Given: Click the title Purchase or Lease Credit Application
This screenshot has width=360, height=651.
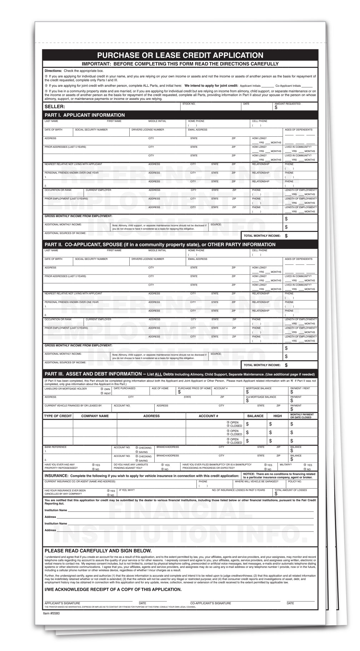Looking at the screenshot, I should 180,55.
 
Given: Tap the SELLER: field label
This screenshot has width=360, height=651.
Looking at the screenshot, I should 55,107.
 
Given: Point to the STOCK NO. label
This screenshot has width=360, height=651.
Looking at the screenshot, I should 189,104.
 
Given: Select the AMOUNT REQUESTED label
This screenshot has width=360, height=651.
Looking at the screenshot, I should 287,104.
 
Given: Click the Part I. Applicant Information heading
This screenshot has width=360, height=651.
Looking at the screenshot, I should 85,115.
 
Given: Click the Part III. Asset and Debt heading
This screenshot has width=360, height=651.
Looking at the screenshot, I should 93,374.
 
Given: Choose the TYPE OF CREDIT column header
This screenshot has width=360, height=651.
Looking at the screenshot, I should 58,416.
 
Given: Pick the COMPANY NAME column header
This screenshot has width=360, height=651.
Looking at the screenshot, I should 95,416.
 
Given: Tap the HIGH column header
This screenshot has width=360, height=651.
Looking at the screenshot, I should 277,416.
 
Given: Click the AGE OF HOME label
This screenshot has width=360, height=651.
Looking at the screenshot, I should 160,388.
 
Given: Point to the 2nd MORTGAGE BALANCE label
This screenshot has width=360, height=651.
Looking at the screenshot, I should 261,397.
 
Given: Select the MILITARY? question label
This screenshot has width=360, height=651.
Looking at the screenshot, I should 286,465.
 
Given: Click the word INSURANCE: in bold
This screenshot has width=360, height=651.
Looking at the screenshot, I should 56,476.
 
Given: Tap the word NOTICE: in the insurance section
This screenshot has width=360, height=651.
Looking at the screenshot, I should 249,474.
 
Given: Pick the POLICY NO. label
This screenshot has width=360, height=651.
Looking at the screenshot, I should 295,481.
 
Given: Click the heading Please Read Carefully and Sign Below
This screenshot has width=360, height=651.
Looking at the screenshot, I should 98,551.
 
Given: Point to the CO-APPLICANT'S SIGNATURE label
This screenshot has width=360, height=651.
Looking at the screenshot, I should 210,603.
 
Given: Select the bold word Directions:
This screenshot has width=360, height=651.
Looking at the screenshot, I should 53,71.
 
